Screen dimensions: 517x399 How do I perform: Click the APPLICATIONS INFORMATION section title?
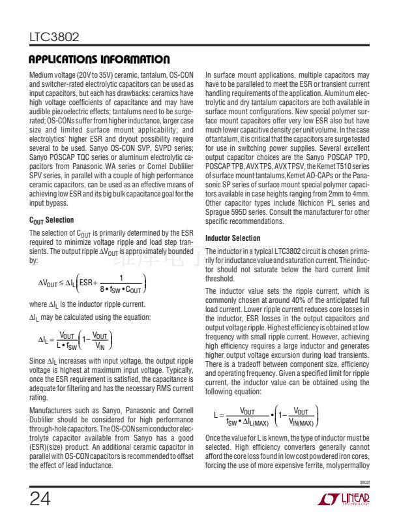(x=100, y=59)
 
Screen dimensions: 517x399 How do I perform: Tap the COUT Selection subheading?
(x=52, y=220)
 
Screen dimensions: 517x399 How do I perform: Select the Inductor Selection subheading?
(x=233, y=238)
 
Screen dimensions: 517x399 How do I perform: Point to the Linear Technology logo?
(x=345, y=499)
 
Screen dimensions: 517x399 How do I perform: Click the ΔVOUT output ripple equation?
(x=91, y=284)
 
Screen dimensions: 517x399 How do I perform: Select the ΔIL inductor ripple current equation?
(x=76, y=339)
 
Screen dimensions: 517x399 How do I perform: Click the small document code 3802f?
(x=365, y=484)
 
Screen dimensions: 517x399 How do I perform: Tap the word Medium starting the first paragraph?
(x=41, y=76)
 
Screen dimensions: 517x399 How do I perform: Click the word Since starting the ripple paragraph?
(x=37, y=360)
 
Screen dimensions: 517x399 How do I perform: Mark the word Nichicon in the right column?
(x=299, y=204)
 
